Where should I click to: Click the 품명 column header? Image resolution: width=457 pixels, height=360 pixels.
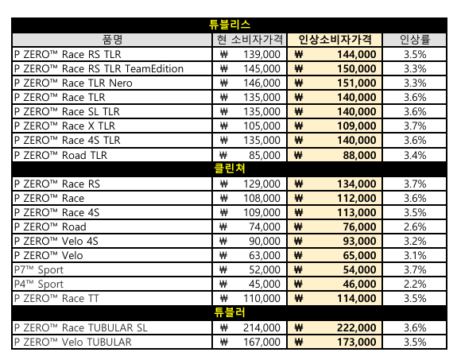(x=112, y=40)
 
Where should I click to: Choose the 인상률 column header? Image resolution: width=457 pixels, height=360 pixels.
(x=414, y=40)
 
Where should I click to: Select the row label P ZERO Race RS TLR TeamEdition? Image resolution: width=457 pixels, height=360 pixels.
(x=99, y=68)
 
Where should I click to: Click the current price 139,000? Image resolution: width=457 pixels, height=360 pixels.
(x=261, y=54)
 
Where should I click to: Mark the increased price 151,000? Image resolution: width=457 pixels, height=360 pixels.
(x=356, y=83)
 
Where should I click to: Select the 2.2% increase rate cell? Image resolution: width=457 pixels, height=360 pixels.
(x=414, y=285)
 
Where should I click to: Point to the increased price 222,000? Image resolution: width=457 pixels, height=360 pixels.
(x=356, y=327)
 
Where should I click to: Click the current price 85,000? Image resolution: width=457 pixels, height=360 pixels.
(x=265, y=155)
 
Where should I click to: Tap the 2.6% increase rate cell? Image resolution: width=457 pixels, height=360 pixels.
(x=414, y=226)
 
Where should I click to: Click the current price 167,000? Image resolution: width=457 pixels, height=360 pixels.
(x=261, y=342)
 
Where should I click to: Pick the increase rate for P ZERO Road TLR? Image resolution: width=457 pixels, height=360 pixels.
(x=414, y=155)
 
